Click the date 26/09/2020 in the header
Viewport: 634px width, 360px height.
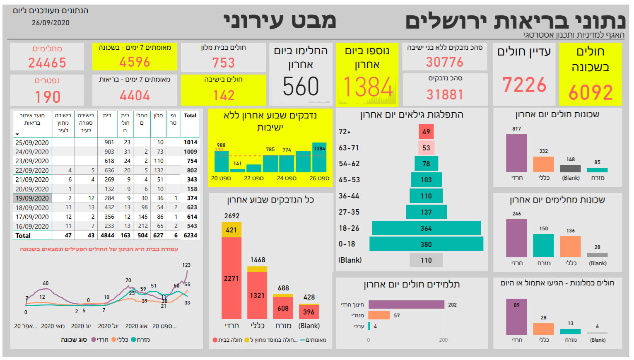point(51,23)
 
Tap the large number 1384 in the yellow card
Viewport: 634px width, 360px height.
point(367,87)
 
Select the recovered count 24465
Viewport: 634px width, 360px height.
point(47,63)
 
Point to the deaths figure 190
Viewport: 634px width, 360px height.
point(48,97)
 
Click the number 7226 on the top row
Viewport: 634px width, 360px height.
point(524,85)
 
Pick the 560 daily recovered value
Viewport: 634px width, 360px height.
point(301,87)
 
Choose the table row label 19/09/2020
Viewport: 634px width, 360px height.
point(32,198)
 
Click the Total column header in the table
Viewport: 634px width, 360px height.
point(190,116)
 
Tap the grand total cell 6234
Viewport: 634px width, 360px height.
point(190,235)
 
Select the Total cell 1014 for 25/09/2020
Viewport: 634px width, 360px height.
point(190,142)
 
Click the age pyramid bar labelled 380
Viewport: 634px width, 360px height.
point(426,244)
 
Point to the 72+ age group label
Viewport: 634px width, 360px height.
point(345,132)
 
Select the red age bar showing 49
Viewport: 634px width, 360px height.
point(426,132)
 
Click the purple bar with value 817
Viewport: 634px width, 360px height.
point(516,153)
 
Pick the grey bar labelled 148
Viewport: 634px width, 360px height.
point(570,169)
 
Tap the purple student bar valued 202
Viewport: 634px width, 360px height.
point(406,304)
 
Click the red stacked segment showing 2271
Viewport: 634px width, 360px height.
point(231,278)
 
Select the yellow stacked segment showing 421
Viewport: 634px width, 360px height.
point(231,230)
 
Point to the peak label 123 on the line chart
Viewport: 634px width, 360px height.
point(186,265)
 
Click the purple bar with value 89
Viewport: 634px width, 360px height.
point(516,317)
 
